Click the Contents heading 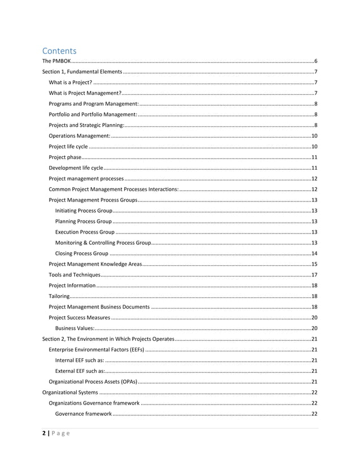click(x=59, y=51)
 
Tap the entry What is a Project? click(x=71, y=82)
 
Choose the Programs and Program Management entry click(x=94, y=104)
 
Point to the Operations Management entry click(x=80, y=136)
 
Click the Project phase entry click(x=65, y=157)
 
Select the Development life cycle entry click(x=76, y=168)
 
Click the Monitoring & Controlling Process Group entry click(x=103, y=243)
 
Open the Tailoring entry click(x=59, y=296)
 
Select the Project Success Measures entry click(x=80, y=317)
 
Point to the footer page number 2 click(x=45, y=433)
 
